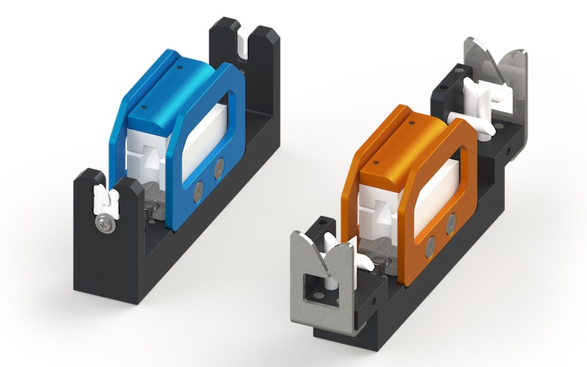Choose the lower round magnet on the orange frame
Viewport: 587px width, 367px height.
[431, 245]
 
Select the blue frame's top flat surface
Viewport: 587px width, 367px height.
[176, 73]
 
